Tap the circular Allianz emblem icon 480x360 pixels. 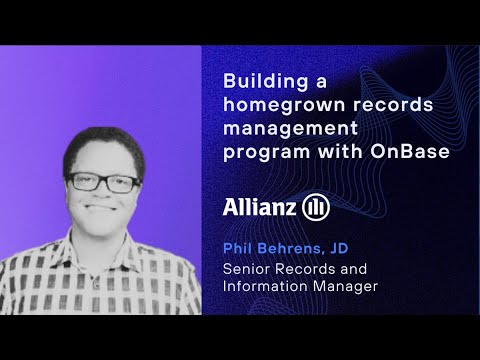pos(316,206)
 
